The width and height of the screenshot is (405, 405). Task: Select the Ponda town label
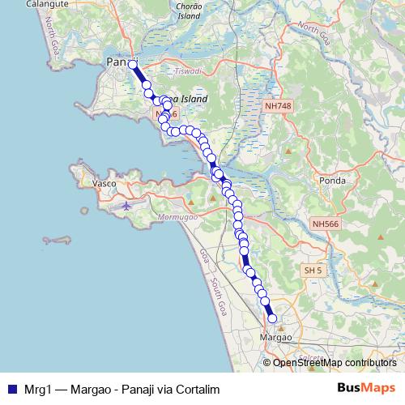pos(333,180)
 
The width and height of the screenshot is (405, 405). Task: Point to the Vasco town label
pos(105,184)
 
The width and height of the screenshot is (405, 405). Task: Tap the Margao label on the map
pos(274,336)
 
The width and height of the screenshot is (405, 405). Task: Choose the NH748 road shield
pos(276,106)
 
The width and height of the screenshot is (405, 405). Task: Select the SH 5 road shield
pos(313,270)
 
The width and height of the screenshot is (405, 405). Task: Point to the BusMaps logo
pos(366,389)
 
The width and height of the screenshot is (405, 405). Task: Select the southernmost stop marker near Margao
pos(272,318)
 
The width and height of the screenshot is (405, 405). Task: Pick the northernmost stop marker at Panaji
pos(133,64)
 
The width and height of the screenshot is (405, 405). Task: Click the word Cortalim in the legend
pos(198,390)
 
